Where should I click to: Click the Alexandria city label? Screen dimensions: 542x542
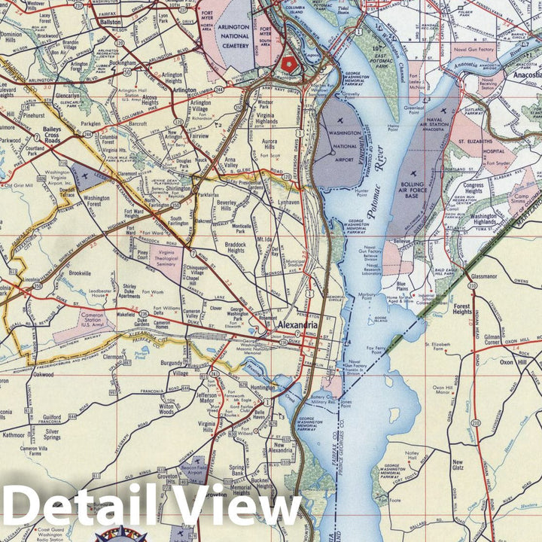coord(294,325)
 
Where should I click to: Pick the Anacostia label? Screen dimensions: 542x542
coord(522,75)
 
